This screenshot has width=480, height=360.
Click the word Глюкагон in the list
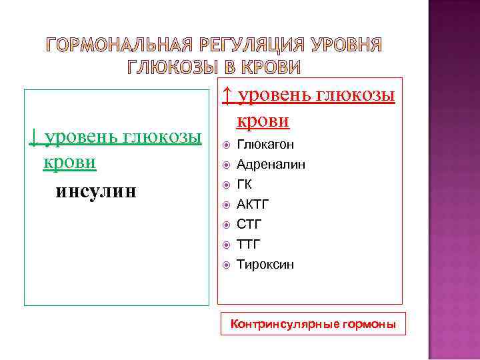click(265, 144)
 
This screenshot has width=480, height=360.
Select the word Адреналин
click(271, 164)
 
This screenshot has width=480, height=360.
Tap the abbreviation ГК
click(245, 184)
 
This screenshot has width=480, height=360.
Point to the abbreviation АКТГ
click(253, 204)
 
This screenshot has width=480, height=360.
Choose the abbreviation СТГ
click(249, 224)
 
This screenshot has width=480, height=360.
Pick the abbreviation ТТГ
click(249, 244)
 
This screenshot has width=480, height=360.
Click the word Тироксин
click(265, 265)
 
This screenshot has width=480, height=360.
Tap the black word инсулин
click(96, 191)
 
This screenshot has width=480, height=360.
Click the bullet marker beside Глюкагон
click(226, 145)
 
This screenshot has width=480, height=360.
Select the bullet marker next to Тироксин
click(226, 265)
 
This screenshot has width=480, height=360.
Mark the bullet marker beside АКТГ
click(226, 205)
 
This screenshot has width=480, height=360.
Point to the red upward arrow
click(227, 96)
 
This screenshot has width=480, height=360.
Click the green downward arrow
click(33, 137)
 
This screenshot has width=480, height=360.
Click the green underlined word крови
click(69, 163)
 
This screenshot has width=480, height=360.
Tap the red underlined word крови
click(263, 121)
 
